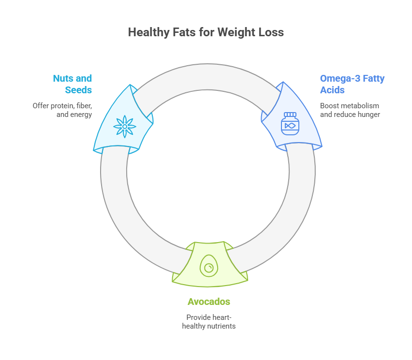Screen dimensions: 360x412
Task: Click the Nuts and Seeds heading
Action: tap(73, 84)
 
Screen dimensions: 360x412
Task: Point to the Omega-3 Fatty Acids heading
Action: tap(352, 84)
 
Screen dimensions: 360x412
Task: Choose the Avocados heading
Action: tap(209, 302)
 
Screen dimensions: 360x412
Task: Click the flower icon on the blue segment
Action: tap(124, 126)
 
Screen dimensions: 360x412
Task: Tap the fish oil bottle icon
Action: tap(290, 124)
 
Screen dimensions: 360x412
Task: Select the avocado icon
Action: tap(209, 266)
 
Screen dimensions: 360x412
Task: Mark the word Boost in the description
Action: tap(329, 105)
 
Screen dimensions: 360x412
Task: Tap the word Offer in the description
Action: tap(41, 105)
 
